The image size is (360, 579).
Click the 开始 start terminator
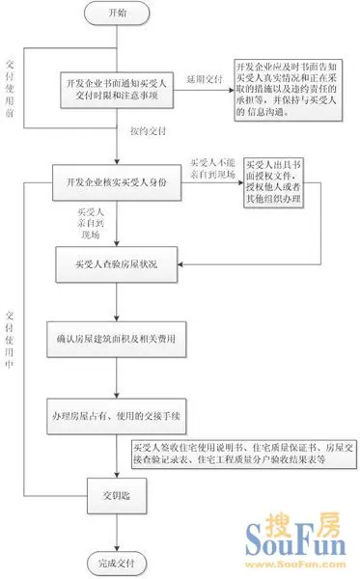pyautogui.click(x=116, y=14)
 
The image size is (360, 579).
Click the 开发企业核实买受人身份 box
pyautogui.click(x=116, y=181)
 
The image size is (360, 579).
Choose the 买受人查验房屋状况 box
pyautogui.click(x=116, y=262)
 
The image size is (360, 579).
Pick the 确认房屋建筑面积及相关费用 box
pyautogui.click(x=116, y=340)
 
